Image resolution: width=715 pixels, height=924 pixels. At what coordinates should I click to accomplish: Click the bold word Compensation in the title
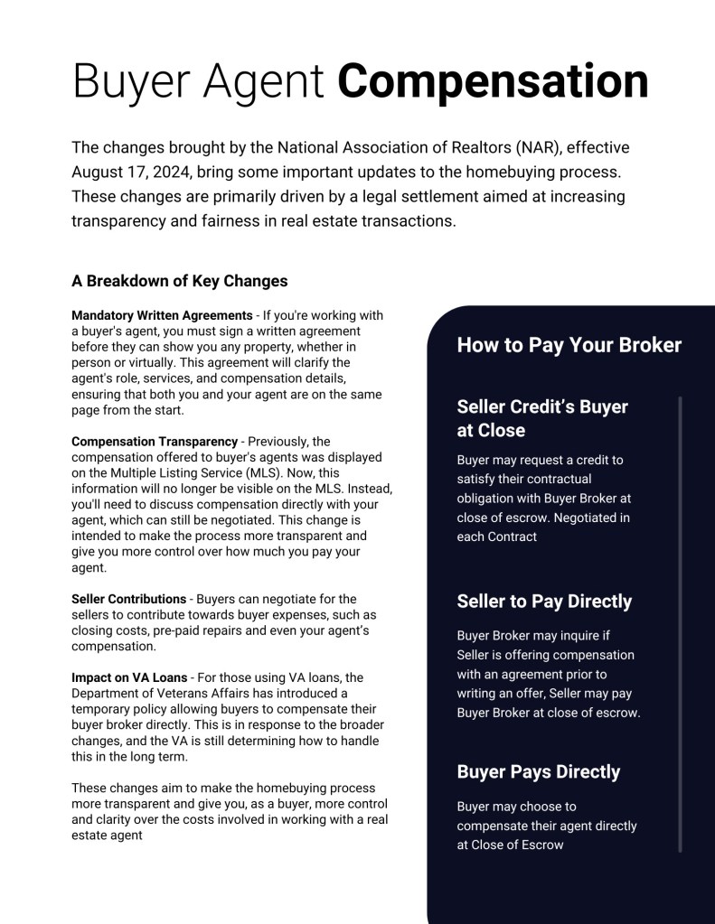click(493, 81)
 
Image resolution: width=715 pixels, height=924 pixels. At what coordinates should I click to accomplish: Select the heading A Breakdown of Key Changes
click(179, 281)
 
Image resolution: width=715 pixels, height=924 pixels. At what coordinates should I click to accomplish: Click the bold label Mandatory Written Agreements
click(162, 316)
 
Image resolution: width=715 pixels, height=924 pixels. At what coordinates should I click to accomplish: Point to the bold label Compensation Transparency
click(154, 442)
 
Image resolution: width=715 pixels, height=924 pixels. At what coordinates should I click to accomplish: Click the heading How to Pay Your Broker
click(569, 345)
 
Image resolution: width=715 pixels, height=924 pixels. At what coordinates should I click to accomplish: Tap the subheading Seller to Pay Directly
click(544, 602)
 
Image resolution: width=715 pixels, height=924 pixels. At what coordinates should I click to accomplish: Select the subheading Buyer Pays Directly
click(538, 772)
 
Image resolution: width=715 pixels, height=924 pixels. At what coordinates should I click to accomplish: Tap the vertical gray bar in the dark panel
click(680, 623)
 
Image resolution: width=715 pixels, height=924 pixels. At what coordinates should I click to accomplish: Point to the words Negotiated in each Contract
click(542, 527)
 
